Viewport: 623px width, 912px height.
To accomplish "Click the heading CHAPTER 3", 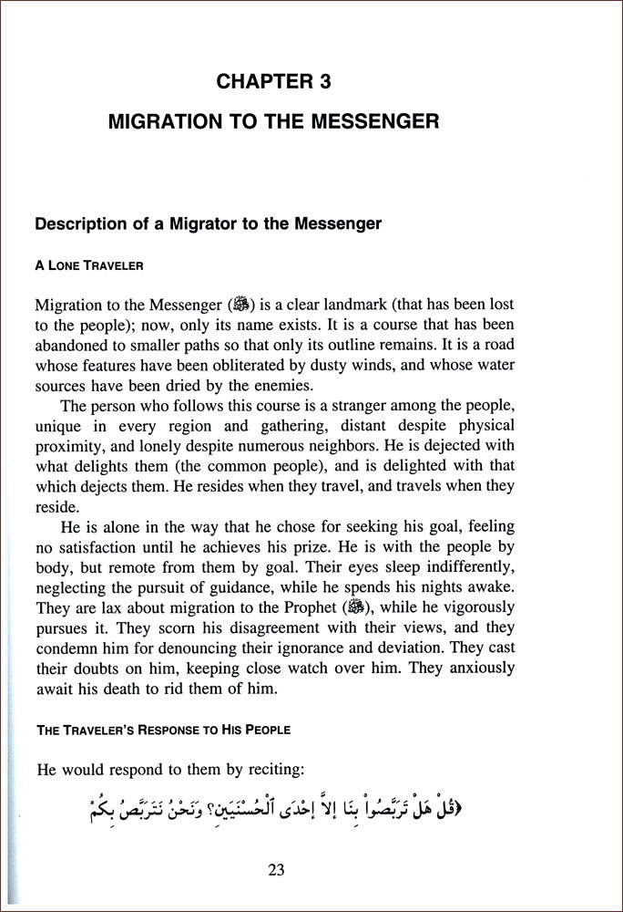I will coord(273,82).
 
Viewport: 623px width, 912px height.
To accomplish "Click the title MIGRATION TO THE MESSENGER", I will coord(273,120).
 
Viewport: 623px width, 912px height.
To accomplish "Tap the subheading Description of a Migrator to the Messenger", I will coord(207,223).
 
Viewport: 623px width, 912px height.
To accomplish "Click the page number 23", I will coord(277,869).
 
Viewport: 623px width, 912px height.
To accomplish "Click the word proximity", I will coord(68,446).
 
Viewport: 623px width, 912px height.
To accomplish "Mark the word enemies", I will coord(279,385).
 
